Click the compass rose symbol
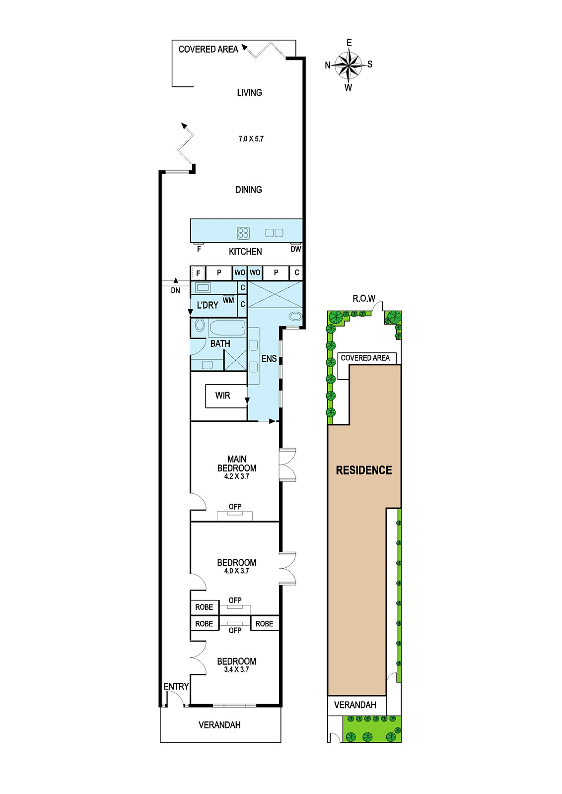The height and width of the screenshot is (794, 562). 349,65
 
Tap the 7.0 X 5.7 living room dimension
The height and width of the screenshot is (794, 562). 251,139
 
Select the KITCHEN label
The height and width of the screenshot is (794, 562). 245,252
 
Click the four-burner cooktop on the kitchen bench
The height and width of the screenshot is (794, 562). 243,233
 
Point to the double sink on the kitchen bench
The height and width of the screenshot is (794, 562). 274,233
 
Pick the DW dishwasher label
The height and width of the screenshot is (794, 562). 296,249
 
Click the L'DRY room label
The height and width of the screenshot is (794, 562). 208,305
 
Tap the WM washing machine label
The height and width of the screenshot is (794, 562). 228,301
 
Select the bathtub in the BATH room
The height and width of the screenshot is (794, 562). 227,328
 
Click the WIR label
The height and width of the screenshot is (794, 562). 223,396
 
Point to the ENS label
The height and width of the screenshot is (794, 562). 269,359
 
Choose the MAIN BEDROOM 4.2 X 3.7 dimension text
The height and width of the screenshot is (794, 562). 236,476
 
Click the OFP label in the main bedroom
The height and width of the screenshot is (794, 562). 235,507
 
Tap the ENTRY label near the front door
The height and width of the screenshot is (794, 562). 176,687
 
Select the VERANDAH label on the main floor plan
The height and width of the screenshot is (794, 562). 219,725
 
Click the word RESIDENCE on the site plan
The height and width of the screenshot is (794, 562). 364,470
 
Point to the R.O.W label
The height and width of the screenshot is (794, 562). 364,298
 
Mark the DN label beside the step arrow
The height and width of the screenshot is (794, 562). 176,291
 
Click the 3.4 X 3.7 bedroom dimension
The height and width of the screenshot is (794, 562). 236,669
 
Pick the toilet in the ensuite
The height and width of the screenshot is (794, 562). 294,316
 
